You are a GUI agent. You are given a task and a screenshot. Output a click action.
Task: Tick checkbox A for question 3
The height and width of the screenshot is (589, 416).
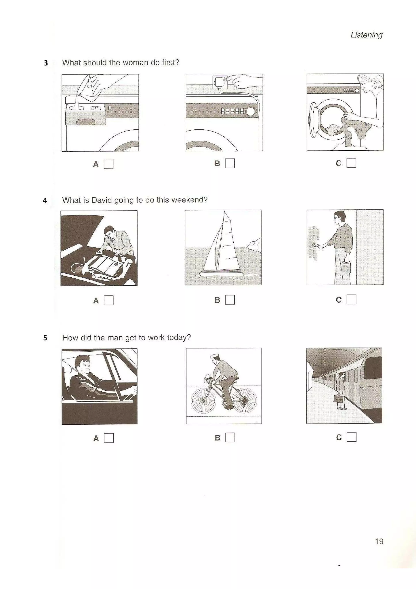point(108,164)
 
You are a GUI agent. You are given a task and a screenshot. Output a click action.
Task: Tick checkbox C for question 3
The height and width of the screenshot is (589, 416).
point(351,163)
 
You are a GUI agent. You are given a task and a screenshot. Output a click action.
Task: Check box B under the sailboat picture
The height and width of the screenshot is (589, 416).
point(230,300)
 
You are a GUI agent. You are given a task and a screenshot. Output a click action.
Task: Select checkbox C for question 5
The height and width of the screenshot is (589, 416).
point(351,437)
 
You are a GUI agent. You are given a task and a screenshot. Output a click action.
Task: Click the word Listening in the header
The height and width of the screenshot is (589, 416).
point(366,35)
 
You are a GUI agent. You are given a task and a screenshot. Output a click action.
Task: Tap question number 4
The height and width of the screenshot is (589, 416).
point(45,200)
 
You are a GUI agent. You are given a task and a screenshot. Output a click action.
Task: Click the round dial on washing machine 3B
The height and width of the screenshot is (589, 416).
point(250,111)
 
